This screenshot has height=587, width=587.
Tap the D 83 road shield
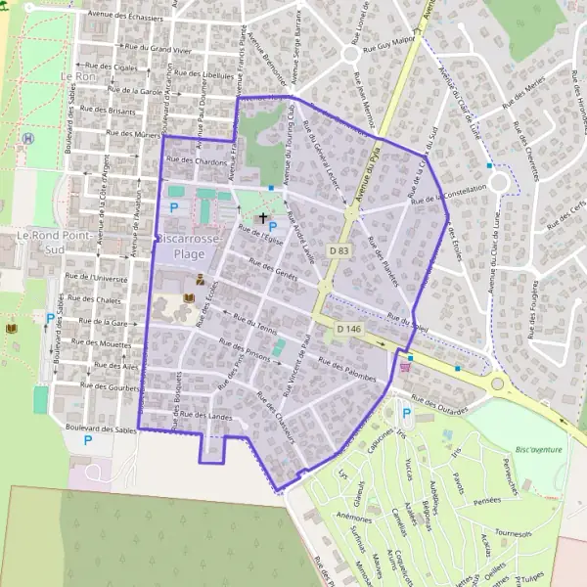pyautogui.click(x=339, y=250)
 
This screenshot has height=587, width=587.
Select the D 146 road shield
pyautogui.click(x=349, y=330)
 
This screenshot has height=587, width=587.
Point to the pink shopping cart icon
pyautogui.click(x=405, y=368)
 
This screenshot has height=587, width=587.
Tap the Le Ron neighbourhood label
pyautogui.click(x=78, y=75)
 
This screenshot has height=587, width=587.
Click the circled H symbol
pyautogui.click(x=28, y=138)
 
